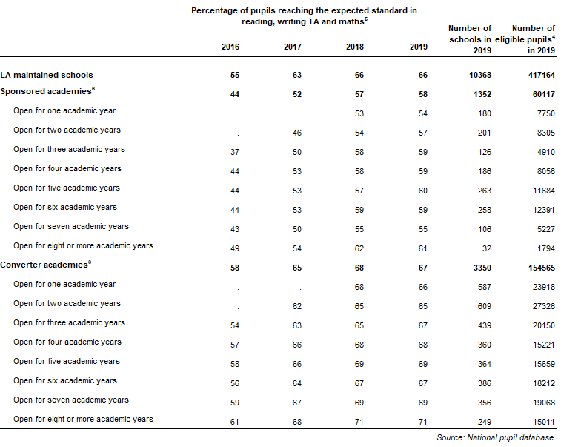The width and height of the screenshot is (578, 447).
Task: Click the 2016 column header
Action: pos(230,47)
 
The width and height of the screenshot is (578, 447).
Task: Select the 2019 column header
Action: pos(419,47)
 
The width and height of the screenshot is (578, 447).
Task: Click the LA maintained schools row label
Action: pos(47,75)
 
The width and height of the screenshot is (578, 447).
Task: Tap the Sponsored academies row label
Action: pos(47,91)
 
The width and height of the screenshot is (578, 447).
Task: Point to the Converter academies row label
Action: pos(46,265)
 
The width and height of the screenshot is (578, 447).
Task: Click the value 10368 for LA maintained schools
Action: pos(480,75)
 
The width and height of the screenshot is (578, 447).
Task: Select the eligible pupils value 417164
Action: pos(542,75)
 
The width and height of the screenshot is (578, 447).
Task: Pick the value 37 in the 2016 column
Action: pos(235,152)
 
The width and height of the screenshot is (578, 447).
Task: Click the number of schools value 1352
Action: pos(482,94)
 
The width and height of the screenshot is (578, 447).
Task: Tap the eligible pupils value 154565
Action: pos(542,268)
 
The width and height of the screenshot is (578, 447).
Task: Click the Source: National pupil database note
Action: pos(495,437)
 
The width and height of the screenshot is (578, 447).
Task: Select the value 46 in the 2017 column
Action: pos(297,133)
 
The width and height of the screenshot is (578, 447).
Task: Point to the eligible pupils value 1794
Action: pos(546,248)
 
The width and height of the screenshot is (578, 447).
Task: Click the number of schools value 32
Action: pos(487,248)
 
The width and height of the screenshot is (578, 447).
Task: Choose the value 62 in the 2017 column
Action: pos(297,306)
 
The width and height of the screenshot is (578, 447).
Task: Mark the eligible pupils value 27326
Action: pos(544,306)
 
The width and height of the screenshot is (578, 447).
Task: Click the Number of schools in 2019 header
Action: pos(470,39)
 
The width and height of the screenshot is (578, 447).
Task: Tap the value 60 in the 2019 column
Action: pos(423,191)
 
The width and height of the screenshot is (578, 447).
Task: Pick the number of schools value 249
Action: pos(485,422)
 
